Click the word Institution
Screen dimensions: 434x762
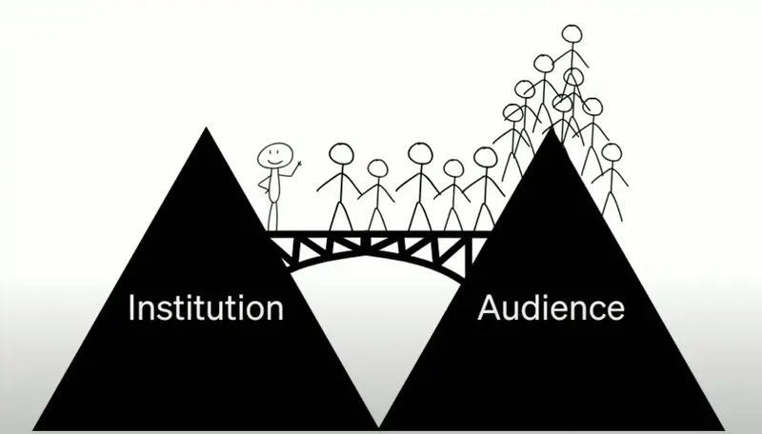point(206,308)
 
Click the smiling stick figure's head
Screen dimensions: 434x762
point(275,155)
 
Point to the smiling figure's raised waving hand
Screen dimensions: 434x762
point(298,167)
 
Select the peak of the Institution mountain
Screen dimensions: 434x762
point(206,129)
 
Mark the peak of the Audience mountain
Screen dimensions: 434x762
point(551,131)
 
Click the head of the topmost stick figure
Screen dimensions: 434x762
point(571,35)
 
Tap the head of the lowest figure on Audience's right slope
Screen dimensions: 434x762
point(611,152)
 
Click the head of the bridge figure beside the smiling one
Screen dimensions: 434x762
point(340,154)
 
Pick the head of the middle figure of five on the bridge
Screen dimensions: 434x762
point(420,153)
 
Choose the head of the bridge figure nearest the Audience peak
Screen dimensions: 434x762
point(485,157)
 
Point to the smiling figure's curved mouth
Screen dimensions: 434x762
point(275,162)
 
